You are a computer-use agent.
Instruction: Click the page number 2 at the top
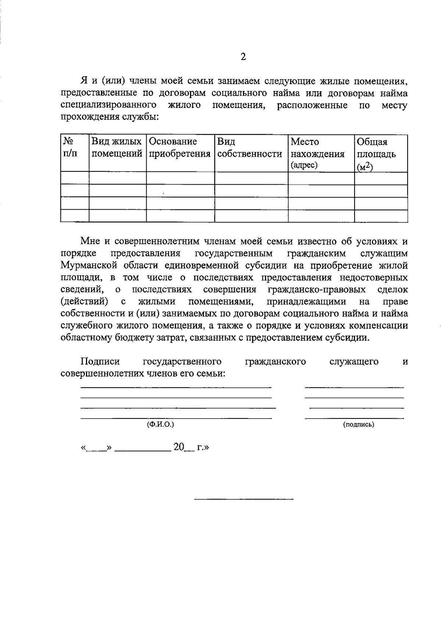click(x=243, y=57)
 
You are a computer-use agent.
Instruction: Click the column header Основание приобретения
click(x=180, y=148)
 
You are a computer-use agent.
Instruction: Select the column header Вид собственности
click(x=250, y=148)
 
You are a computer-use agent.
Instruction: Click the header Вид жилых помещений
click(x=117, y=148)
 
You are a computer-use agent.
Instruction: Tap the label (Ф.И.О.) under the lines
click(x=160, y=424)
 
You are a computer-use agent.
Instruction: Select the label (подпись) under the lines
click(x=359, y=425)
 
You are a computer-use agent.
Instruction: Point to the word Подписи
click(x=100, y=362)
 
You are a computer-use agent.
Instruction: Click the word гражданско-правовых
click(x=317, y=290)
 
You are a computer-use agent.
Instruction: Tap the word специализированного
click(x=107, y=105)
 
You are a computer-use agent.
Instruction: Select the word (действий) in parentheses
click(x=84, y=302)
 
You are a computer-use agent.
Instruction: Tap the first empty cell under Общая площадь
click(x=381, y=178)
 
